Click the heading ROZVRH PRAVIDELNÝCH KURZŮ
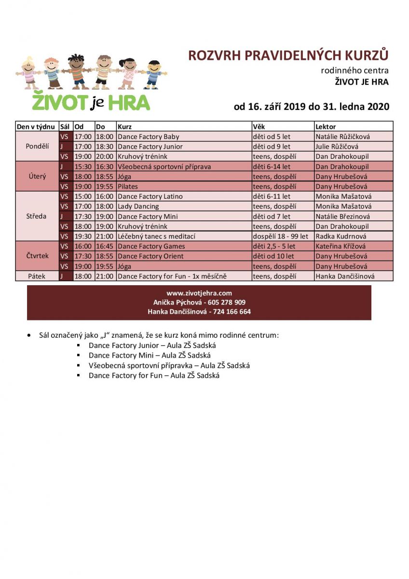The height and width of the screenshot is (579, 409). point(288,55)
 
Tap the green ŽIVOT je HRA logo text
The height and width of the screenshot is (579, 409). point(91,102)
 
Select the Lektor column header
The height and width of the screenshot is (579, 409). point(326,126)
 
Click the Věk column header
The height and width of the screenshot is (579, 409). point(259,126)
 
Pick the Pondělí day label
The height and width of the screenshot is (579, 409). point(37,146)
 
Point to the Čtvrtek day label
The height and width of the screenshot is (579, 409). point(37,256)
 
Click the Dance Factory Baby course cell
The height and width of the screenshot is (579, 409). point(149,137)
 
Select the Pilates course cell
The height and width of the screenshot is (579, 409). point(128,186)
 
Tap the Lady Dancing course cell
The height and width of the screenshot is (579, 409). point(138,207)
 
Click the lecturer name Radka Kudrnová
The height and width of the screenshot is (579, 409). point(341,236)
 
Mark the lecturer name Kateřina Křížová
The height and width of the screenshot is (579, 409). point(341,246)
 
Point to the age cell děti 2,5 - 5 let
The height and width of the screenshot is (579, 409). point(274,246)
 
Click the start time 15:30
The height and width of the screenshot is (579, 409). point(83,166)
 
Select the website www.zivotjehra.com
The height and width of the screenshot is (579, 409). point(199,293)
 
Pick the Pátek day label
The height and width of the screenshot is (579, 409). point(37,276)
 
